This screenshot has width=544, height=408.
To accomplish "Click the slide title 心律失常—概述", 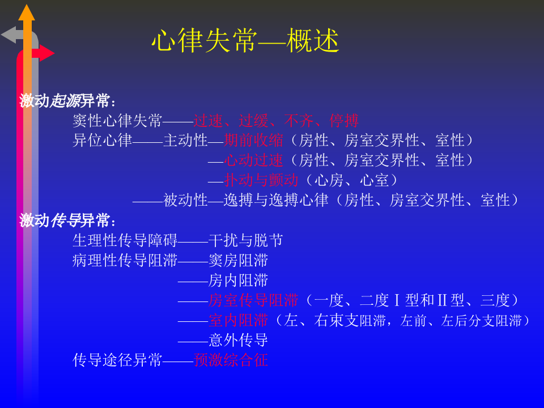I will click(245, 41).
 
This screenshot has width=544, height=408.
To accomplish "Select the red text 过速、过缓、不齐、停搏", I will click(275, 121).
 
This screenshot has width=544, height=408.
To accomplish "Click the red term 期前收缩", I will click(253, 141).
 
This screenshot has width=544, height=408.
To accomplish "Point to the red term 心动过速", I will click(253, 160).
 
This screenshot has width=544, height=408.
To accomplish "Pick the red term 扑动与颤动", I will click(261, 180).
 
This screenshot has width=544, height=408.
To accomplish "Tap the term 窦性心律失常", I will click(117, 121).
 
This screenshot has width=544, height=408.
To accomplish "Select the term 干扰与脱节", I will click(245, 240).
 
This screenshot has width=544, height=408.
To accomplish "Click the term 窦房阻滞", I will click(238, 261).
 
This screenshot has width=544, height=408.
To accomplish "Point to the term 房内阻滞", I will click(238, 280).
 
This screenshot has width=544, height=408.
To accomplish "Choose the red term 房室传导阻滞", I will click(253, 300).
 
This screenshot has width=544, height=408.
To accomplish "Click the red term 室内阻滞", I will click(238, 320).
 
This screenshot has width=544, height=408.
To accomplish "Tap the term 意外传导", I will click(238, 340).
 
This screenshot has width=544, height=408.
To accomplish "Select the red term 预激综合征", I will click(231, 360).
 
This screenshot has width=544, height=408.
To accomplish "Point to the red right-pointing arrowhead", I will click(46, 53).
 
